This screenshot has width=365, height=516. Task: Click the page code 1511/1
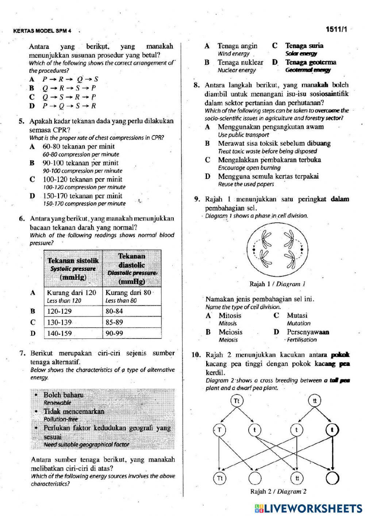(337, 30)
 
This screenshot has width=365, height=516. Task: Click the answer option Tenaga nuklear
(240, 62)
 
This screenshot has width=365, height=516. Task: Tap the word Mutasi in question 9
(297, 316)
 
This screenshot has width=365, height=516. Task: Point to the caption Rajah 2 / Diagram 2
(278, 492)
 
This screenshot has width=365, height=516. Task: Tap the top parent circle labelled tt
(315, 401)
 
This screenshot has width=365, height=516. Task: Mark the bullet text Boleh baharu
(63, 395)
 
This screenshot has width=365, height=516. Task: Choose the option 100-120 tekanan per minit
(82, 179)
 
